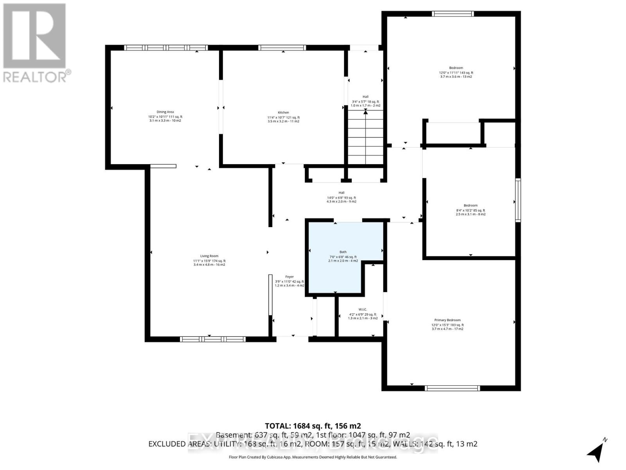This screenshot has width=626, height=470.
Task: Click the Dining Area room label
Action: [165, 112]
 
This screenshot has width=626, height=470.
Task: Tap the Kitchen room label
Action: [283, 113]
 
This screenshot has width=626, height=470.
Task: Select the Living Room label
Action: [209, 256]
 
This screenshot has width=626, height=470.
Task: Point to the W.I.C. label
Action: [362, 309]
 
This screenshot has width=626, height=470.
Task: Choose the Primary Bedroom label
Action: [447, 320]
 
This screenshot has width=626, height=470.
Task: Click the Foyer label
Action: [289, 277]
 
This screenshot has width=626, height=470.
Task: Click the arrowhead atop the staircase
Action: [365, 112]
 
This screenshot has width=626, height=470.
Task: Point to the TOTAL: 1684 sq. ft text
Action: [313, 426]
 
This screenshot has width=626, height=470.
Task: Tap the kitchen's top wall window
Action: [282, 47]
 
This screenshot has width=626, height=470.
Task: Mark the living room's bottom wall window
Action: [212, 339]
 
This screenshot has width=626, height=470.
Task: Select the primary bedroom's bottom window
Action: [452, 388]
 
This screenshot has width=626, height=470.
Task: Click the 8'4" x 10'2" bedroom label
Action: [470, 206]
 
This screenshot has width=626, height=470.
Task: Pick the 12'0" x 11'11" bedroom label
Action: [456, 68]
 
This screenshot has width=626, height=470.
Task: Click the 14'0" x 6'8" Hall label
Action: [342, 193]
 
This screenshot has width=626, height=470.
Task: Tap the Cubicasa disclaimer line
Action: [313, 457]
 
